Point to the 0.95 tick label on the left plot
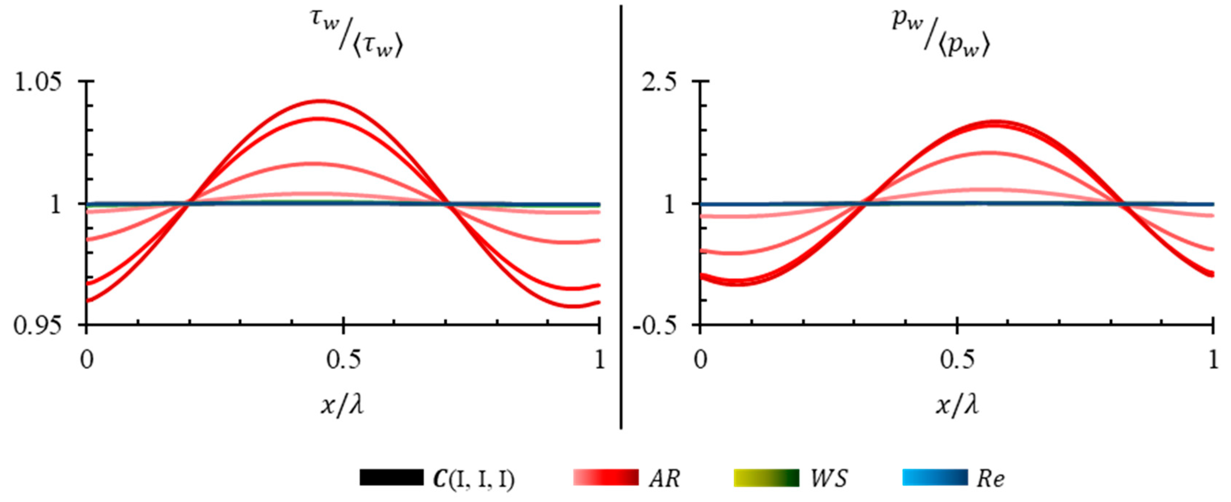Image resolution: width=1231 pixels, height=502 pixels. pos(38,325)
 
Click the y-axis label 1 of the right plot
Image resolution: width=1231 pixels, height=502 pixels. pos(670,205)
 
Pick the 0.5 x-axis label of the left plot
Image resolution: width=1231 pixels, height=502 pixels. pos(343,360)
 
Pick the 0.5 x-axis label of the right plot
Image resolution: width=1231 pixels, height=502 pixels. pos(957,360)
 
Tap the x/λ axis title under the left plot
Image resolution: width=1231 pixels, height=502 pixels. pos(342,405)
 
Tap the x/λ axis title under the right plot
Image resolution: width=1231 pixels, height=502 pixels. pos(957,405)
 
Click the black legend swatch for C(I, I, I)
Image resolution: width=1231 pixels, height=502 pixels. pos(391,478)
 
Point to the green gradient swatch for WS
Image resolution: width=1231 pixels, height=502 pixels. pos(766,478)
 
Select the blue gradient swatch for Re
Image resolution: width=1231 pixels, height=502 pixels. pos(935,478)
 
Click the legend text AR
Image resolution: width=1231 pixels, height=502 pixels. pos(664,478)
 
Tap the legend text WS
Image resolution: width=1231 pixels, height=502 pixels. pos(829,478)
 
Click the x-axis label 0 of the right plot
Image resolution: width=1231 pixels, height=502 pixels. pos(700,360)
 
